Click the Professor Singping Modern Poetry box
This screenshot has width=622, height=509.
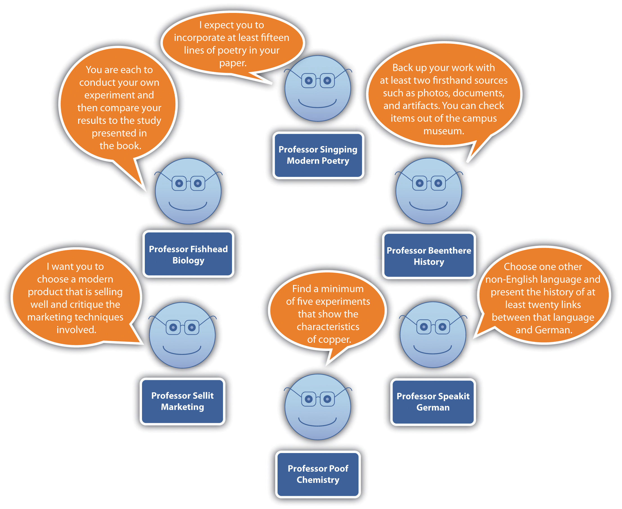(x=318, y=155)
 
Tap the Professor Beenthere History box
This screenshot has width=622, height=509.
(x=429, y=256)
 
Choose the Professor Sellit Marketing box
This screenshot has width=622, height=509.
(x=182, y=401)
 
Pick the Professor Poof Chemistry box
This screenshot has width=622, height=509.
(x=318, y=474)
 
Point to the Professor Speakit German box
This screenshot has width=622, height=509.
(x=433, y=402)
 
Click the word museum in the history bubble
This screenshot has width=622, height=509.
(x=443, y=131)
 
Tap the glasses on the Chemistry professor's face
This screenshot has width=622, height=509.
(x=318, y=399)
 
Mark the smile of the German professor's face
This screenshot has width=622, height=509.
(x=433, y=350)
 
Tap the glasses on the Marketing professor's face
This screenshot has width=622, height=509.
(x=182, y=327)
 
